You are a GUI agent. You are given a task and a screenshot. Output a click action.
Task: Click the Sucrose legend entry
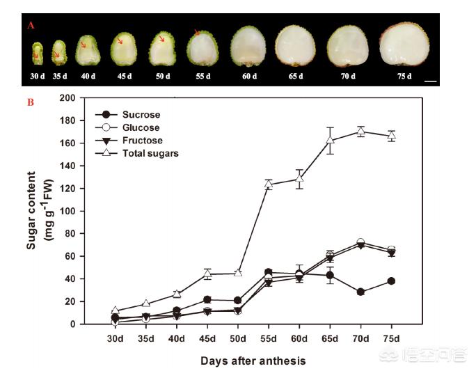pyautogui.click(x=140, y=114)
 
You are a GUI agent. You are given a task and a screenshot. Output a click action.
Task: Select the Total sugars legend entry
pyautogui.click(x=150, y=153)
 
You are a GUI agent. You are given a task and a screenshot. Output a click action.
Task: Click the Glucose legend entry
pyautogui.click(x=141, y=127)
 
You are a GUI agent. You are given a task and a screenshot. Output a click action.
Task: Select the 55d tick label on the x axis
pyautogui.click(x=269, y=338)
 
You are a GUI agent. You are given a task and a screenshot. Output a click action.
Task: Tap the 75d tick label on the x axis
pyautogui.click(x=392, y=338)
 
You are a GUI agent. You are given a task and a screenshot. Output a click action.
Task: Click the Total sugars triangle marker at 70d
pyautogui.click(x=360, y=131)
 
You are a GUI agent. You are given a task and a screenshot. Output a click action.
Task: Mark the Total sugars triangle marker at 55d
pyautogui.click(x=269, y=184)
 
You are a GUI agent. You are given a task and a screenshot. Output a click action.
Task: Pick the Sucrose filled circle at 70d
pyautogui.click(x=360, y=292)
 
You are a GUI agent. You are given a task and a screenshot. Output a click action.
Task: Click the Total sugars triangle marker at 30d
pyautogui.click(x=116, y=310)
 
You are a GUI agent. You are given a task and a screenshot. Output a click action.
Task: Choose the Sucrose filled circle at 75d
pyautogui.click(x=392, y=281)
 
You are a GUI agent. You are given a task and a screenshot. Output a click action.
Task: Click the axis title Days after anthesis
pyautogui.click(x=253, y=361)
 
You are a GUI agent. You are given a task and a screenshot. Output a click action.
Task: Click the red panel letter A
pyautogui.click(x=31, y=25)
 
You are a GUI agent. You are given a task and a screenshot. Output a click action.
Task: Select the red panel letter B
pyautogui.click(x=31, y=102)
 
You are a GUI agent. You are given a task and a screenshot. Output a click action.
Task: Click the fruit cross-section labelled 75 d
pyautogui.click(x=404, y=45)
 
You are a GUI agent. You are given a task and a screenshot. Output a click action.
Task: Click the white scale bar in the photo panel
pyautogui.click(x=429, y=81)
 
